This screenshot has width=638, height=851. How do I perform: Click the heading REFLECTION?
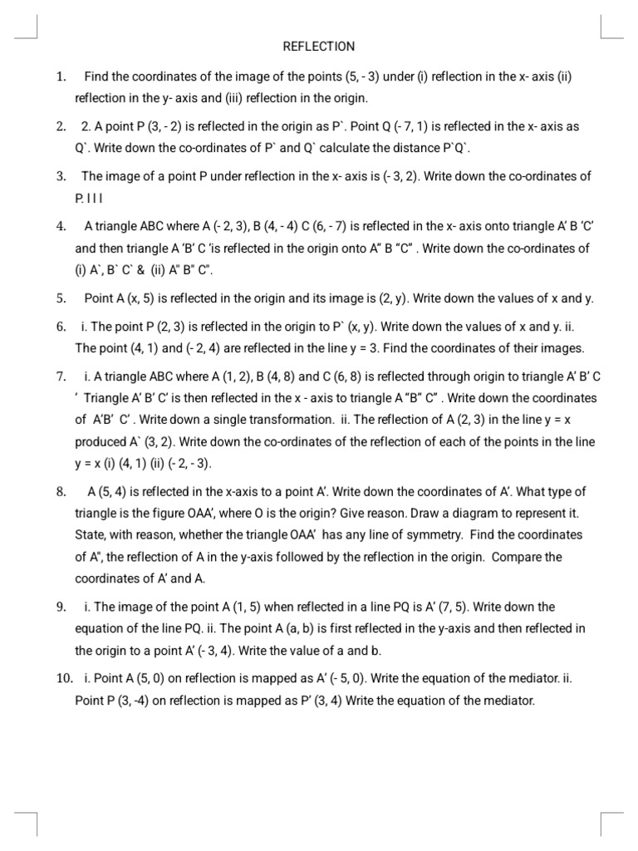coord(318,47)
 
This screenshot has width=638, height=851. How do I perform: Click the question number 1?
coord(61,77)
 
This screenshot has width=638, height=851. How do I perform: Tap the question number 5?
coord(61,298)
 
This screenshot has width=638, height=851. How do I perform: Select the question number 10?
coord(63,679)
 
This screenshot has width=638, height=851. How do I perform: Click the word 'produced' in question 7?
coord(101,442)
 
